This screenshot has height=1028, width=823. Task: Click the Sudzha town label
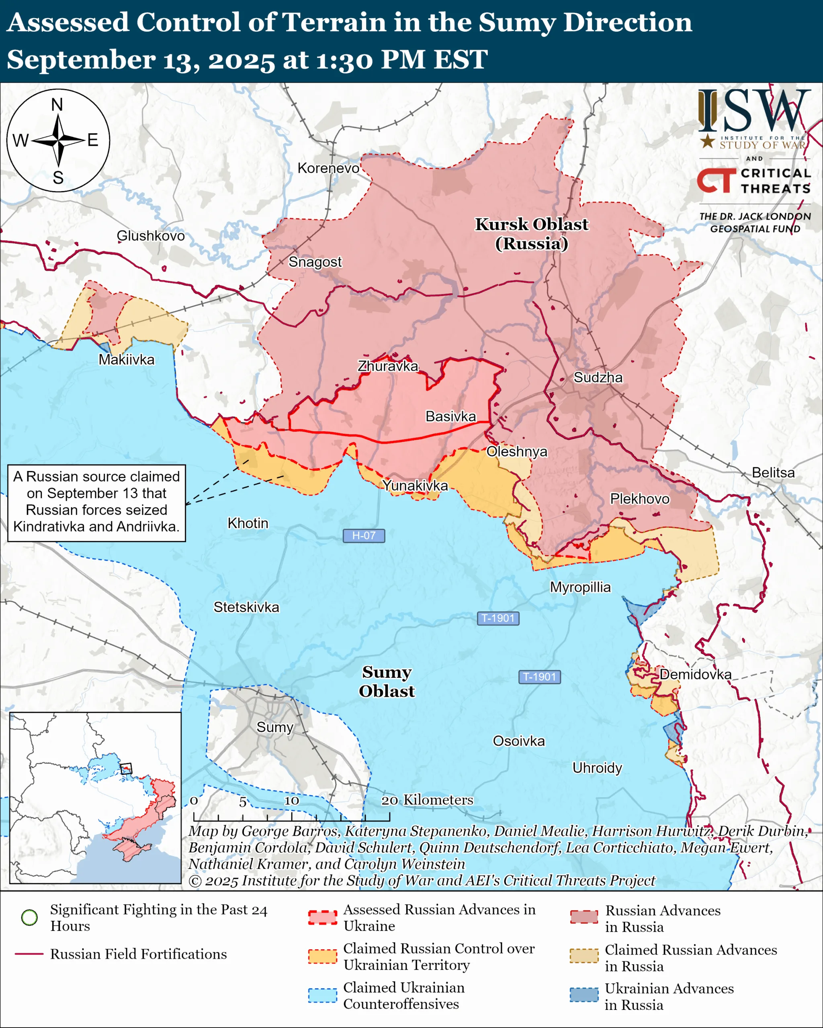pos(598,377)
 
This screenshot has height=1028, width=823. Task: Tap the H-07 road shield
pos(364,535)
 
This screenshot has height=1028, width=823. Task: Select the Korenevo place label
pos(328,168)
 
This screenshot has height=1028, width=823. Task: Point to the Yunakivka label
pos(415,485)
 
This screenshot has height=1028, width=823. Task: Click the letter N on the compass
pos(57,104)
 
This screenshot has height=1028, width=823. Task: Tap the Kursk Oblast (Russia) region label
pos(532,234)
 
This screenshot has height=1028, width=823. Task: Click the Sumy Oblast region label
pos(387,681)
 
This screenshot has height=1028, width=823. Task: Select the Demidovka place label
pos(695,674)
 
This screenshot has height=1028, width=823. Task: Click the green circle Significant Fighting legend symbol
pos(30,917)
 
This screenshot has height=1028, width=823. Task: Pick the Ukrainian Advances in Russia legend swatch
pos(584,995)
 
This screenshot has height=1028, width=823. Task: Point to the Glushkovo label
pos(151,236)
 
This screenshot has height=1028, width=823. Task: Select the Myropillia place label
pos(580,587)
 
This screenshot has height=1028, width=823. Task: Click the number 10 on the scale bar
pos(291,801)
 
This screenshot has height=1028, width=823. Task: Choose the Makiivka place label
pos(127,359)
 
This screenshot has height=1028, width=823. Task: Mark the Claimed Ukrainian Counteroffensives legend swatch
pos(323,995)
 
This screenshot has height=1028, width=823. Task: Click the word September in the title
pos(81,60)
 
